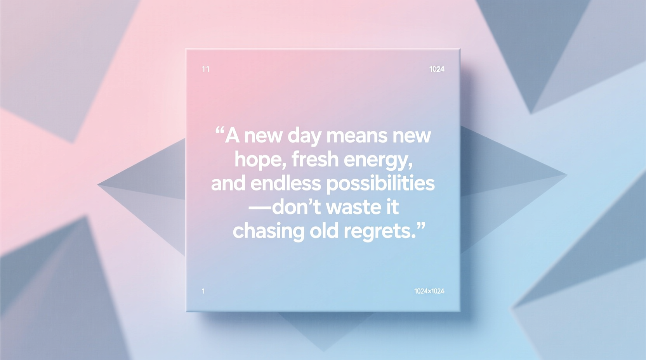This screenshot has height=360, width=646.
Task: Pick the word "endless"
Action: (x=285, y=183)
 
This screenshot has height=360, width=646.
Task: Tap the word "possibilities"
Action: (x=380, y=184)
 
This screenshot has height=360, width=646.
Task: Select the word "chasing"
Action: (x=268, y=231)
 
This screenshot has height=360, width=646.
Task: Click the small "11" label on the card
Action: (x=206, y=69)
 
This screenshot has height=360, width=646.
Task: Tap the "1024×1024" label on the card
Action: (x=429, y=291)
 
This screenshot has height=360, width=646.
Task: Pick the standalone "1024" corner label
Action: (x=437, y=69)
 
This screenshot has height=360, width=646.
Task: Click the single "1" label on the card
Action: (x=203, y=291)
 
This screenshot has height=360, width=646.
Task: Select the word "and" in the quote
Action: (x=228, y=183)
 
